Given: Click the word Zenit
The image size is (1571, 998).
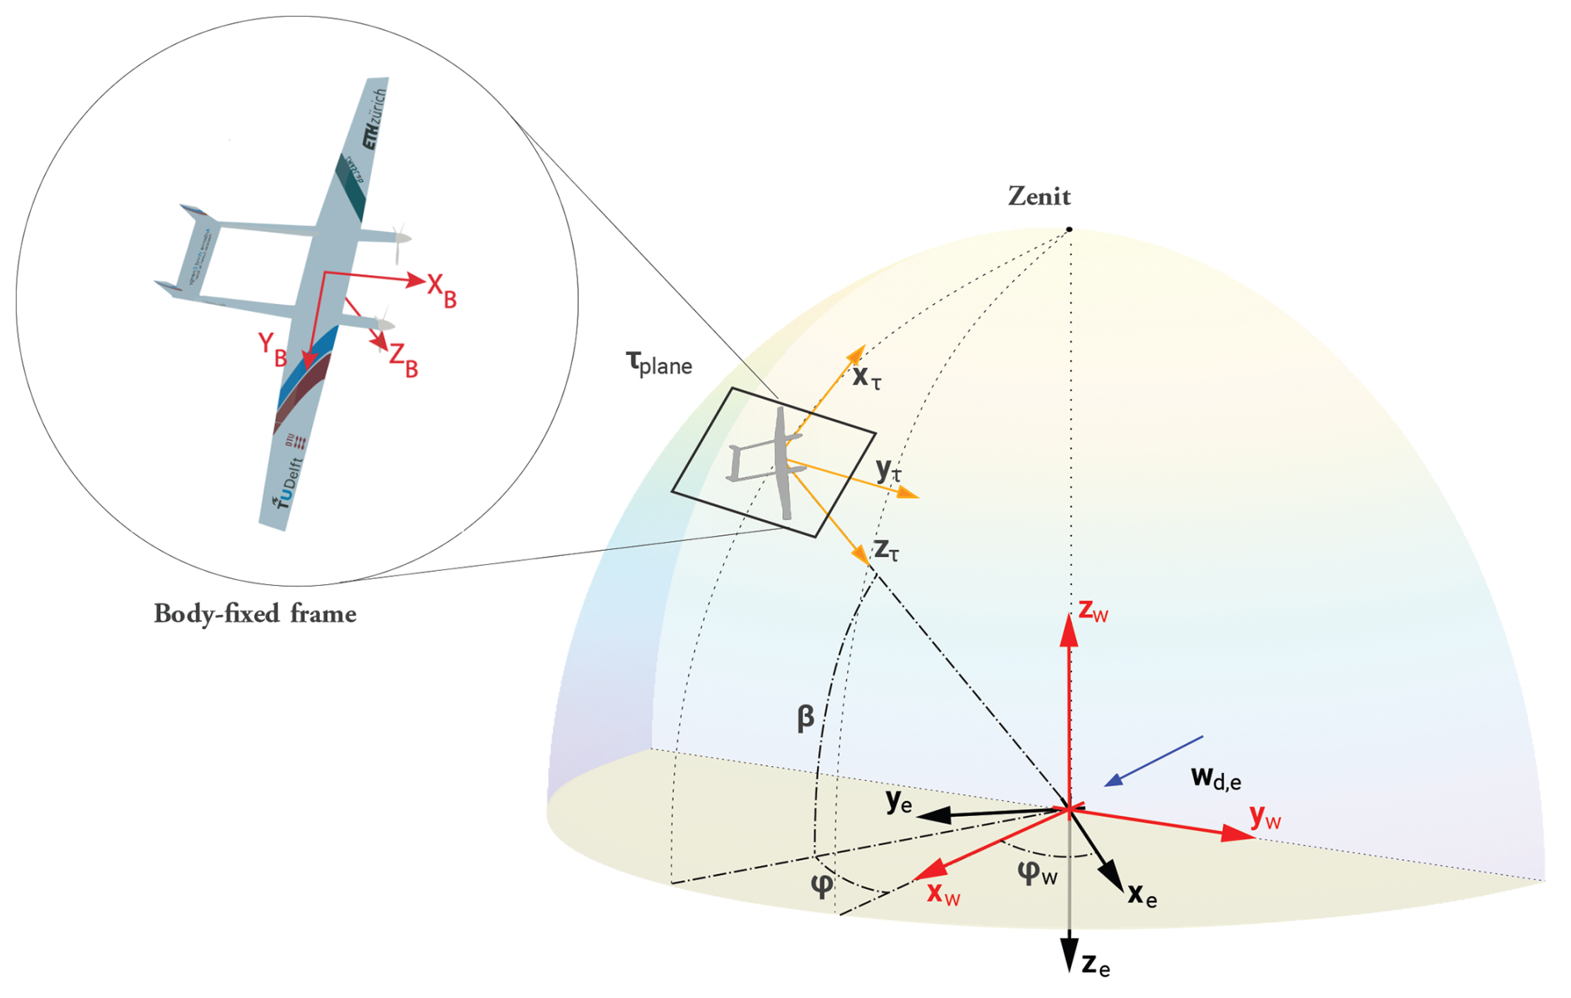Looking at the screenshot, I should (1039, 196).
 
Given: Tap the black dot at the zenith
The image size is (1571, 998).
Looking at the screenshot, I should (1069, 229).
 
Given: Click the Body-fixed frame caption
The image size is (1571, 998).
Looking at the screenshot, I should (255, 614).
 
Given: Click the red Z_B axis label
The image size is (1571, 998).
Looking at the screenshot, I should (404, 361).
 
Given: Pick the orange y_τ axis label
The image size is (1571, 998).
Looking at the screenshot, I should (888, 471).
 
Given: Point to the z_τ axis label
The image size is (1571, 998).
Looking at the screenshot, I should (887, 549).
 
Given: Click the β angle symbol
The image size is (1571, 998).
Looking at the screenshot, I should (805, 717).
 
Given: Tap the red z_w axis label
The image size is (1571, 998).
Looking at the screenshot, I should (1093, 610).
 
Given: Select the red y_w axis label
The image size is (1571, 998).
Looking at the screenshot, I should (1265, 818).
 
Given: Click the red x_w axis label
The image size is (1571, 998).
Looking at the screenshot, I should (943, 894).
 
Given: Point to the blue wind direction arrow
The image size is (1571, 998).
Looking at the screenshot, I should (1153, 760).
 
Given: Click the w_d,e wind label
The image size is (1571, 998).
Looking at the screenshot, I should (1216, 777).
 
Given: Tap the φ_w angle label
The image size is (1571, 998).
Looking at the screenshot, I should (1037, 873).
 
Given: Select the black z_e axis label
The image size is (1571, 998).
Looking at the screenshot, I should (1095, 965).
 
